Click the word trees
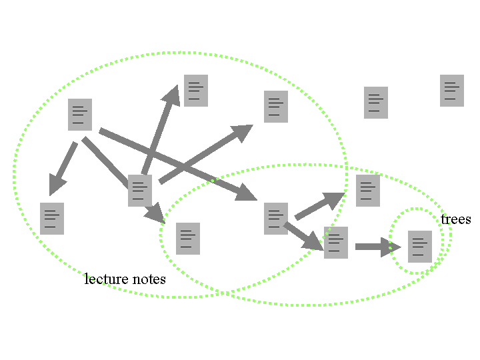pos(456,219)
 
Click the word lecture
pos(106,279)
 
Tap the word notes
pos(149,279)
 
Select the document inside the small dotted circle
pos(420,247)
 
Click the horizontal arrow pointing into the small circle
pos(378,247)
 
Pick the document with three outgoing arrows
pos(80,115)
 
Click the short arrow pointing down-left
pos(63,169)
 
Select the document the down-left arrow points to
pos(52,219)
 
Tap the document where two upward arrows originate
pos(140,191)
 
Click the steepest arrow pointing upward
pos(161,129)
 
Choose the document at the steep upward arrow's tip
pos(196,91)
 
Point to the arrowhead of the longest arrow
pos(246,193)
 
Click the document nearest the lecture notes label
pos(188,239)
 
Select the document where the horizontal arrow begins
pos(336,243)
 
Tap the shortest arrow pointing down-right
pos(303,236)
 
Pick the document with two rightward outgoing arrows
pos(276,219)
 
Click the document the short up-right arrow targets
pos(367,191)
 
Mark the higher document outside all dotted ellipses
pos(452,91)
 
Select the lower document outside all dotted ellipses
pos(376,103)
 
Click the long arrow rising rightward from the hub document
pos(206,154)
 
